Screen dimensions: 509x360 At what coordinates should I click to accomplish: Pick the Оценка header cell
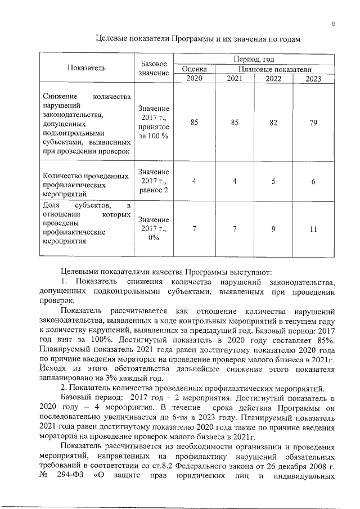click(x=194, y=69)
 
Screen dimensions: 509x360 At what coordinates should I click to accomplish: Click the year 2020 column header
click(x=194, y=78)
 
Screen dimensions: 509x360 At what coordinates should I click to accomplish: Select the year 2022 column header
click(x=273, y=78)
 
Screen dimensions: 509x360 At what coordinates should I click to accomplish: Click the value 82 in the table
click(x=273, y=121)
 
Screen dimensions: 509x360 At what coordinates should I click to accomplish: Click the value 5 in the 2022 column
click(x=273, y=182)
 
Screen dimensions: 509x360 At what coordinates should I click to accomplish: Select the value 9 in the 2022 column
click(x=273, y=229)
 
